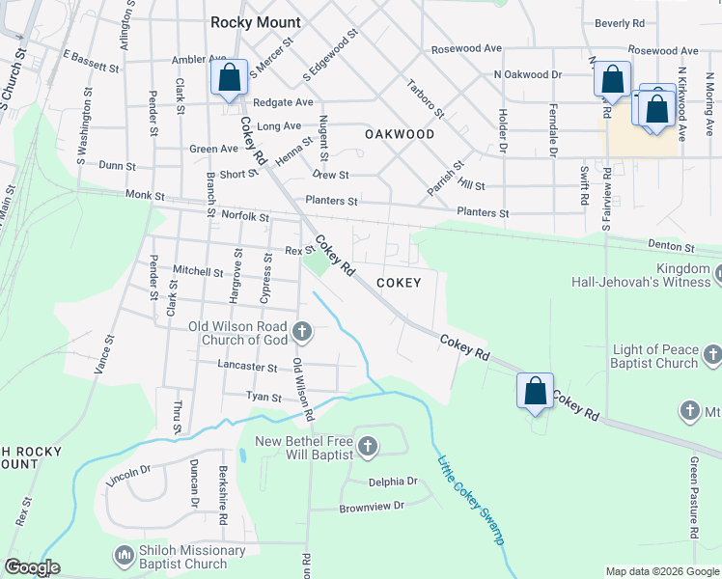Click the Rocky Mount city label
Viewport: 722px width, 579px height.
tap(256, 22)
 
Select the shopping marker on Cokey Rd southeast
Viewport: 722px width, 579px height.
tap(535, 391)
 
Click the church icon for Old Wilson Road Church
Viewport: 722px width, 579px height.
tap(302, 333)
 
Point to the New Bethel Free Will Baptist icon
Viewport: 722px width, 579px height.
tap(367, 446)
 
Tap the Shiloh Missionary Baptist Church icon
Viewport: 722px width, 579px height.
tap(123, 556)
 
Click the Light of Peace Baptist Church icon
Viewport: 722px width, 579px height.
tap(711, 356)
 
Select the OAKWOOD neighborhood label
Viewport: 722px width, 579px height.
tap(400, 134)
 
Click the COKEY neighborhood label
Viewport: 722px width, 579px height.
tap(399, 283)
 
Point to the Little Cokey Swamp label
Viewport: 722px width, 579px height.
tap(472, 501)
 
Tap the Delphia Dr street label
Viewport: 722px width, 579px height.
tap(392, 482)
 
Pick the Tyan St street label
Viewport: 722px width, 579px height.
tap(263, 398)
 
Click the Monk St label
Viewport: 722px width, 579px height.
tap(146, 195)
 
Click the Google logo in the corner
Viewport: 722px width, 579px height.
tap(32, 567)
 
